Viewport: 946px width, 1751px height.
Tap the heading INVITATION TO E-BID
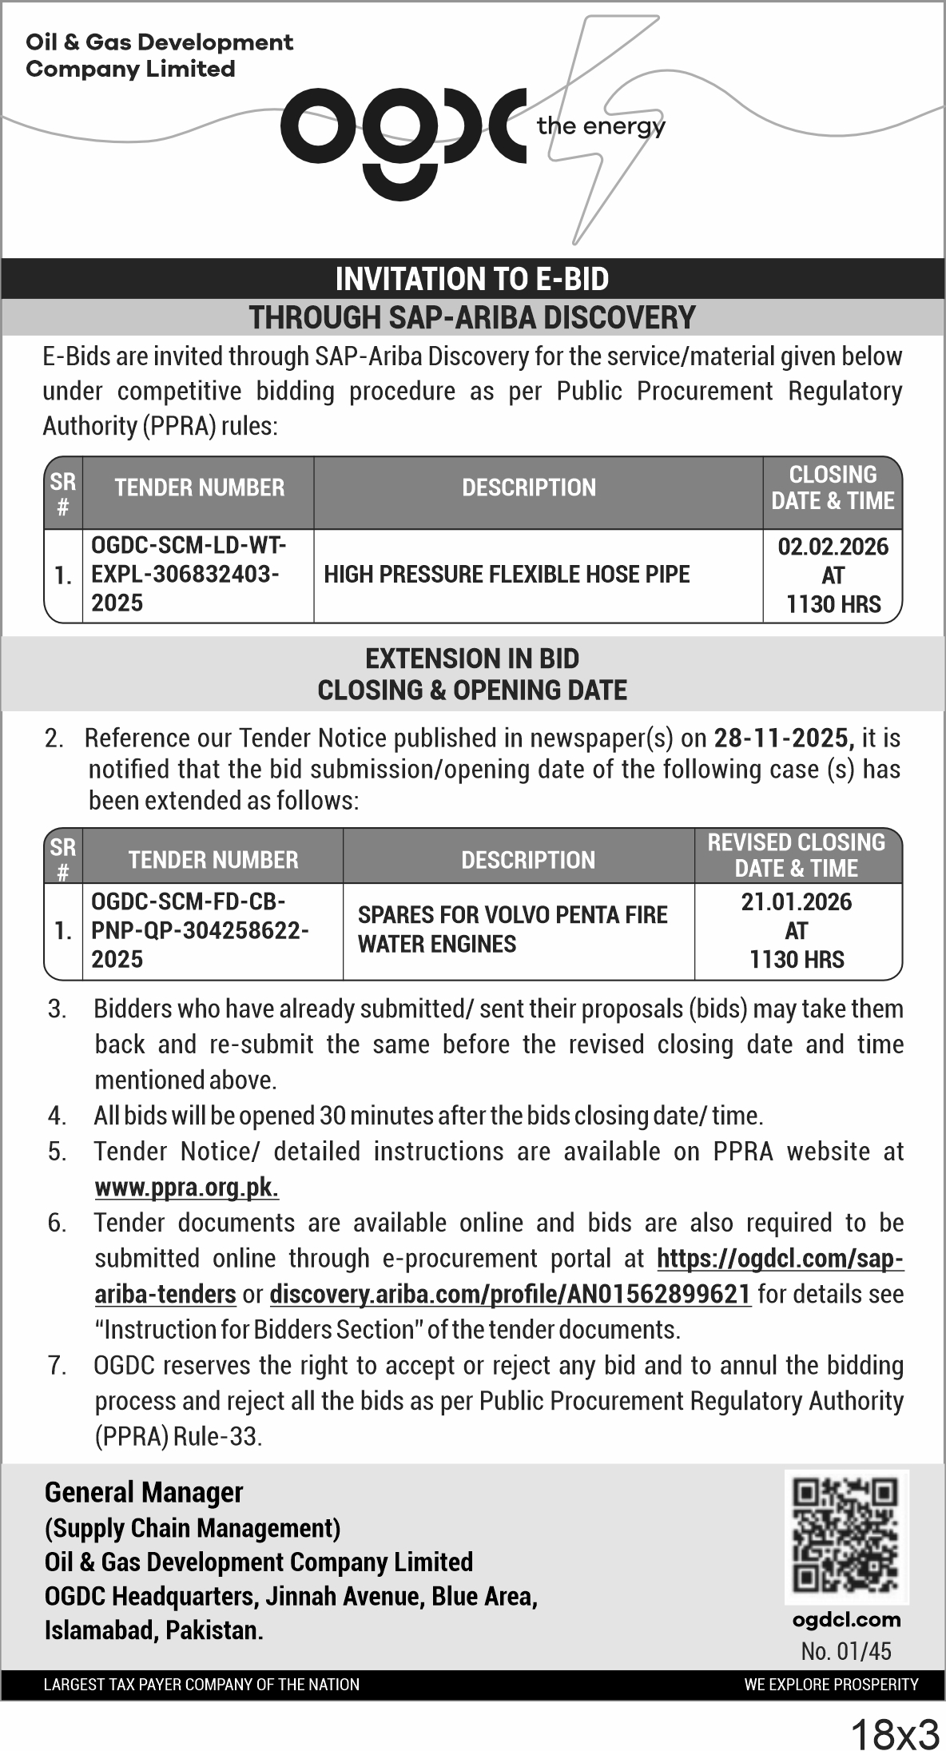[x=472, y=279]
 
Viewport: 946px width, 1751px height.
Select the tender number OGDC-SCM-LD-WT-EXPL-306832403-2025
[x=189, y=575]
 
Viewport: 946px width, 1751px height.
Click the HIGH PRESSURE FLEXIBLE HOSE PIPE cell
[x=507, y=575]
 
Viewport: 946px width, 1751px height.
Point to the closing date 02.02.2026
[x=833, y=547]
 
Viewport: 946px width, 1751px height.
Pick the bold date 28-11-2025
[x=783, y=738]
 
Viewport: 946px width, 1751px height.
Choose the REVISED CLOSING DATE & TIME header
[x=797, y=855]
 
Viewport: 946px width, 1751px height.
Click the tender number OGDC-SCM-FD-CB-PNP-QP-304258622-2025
[x=200, y=930]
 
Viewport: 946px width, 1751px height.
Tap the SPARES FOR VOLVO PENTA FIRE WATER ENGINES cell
[x=512, y=929]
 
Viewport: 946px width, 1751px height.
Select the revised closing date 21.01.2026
[x=797, y=902]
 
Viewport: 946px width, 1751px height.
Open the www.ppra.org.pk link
[x=187, y=1188]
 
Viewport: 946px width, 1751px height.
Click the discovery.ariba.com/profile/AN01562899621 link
[x=511, y=1294]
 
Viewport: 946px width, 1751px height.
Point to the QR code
[x=846, y=1536]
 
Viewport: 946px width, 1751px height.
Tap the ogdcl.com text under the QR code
[x=846, y=1620]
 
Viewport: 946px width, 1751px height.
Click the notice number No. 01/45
[x=846, y=1650]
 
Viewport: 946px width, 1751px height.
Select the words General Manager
[x=144, y=1492]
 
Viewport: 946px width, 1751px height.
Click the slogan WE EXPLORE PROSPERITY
[x=831, y=1685]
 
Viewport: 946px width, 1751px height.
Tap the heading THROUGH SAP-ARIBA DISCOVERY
[x=472, y=317]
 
